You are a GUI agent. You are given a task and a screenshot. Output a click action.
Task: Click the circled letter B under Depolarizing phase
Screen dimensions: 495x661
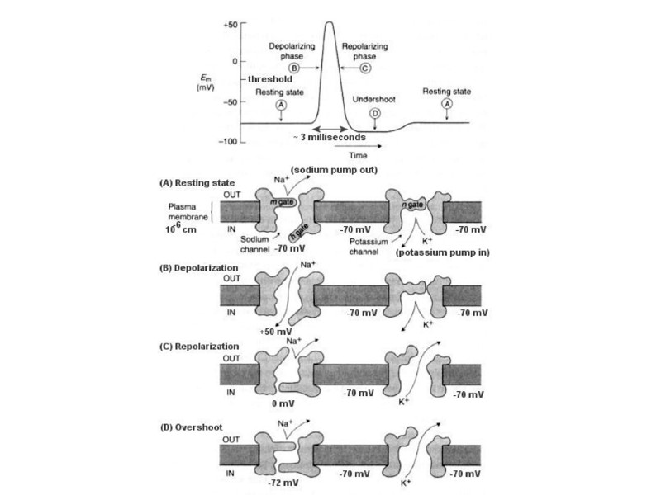click(305, 68)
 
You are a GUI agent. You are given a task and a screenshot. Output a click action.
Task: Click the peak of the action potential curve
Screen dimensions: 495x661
click(328, 22)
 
